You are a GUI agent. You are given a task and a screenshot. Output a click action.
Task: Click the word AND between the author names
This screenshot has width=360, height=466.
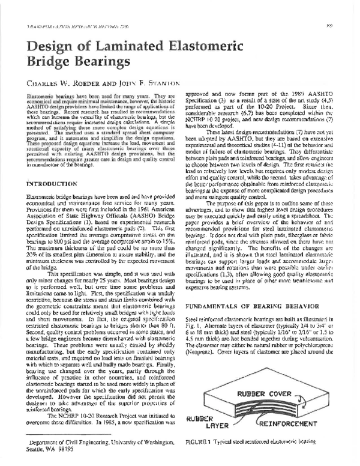click(x=116, y=82)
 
